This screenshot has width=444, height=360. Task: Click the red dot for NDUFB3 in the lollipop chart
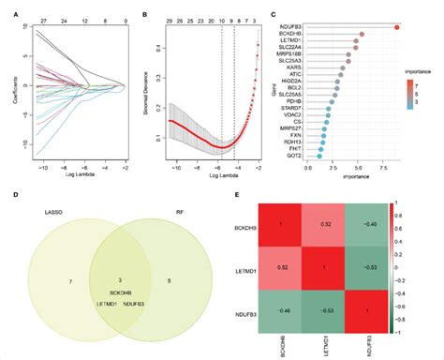pyautogui.click(x=397, y=27)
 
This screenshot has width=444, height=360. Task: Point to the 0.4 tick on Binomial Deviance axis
pyautogui.click(x=153, y=45)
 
